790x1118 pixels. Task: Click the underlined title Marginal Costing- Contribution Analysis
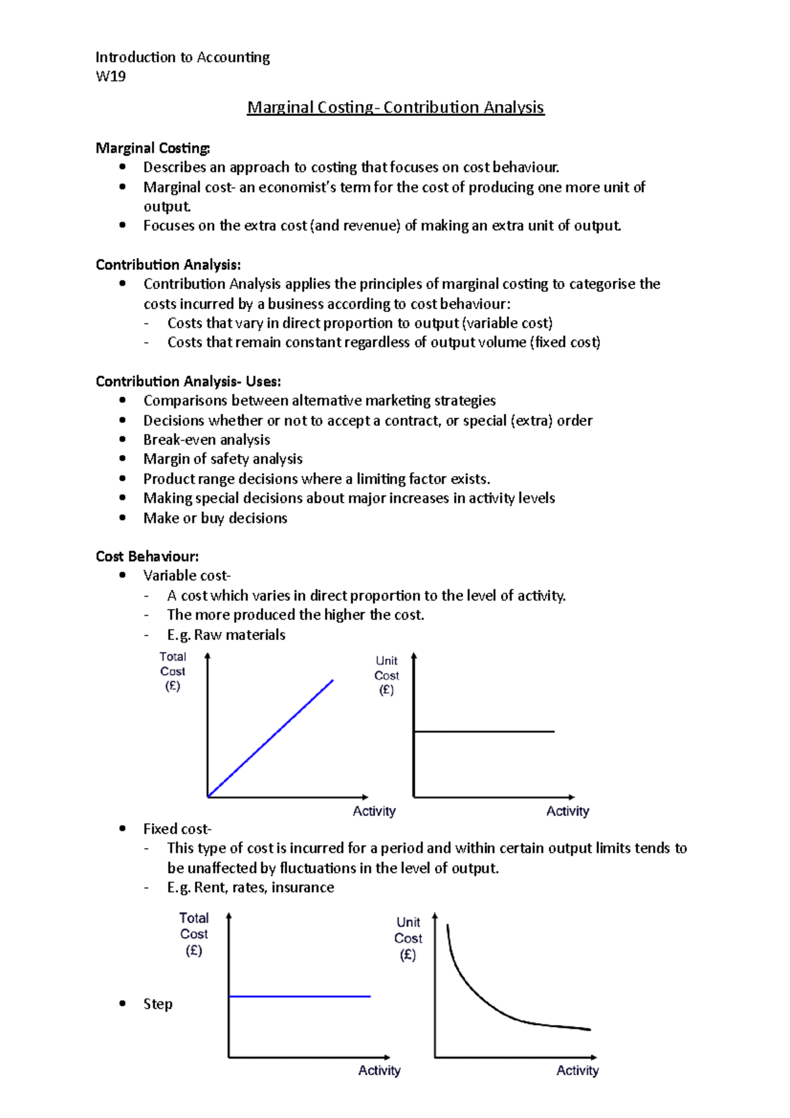[x=395, y=107]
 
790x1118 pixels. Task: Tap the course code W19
[x=111, y=76]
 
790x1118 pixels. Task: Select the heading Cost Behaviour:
[x=147, y=556]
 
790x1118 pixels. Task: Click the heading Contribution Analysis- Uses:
[x=188, y=381]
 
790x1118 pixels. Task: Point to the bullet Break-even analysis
[x=207, y=440]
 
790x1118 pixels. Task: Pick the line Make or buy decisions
[x=215, y=518]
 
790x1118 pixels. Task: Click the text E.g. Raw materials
[x=226, y=635]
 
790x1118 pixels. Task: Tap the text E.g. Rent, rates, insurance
[x=250, y=888]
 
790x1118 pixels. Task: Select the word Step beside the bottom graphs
[x=158, y=1004]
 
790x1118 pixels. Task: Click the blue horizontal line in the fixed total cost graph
[x=300, y=996]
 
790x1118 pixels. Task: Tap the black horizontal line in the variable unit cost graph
[x=484, y=731]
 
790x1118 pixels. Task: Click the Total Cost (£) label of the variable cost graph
[x=172, y=671]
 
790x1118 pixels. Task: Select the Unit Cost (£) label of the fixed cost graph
[x=408, y=938]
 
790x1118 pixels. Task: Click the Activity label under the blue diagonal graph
[x=374, y=811]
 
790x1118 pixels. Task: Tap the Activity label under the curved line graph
[x=577, y=1071]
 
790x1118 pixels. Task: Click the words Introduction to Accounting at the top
[x=182, y=57]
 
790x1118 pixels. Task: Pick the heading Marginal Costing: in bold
[x=153, y=148]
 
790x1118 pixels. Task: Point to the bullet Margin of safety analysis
[x=223, y=459]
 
